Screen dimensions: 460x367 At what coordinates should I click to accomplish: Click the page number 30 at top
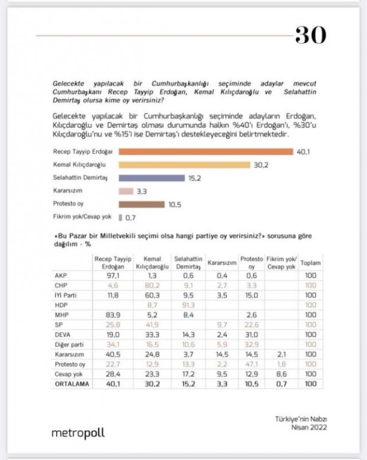point(310,35)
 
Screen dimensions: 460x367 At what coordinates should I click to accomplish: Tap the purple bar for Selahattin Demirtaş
point(152,178)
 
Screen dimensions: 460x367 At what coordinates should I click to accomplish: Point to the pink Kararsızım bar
point(126,191)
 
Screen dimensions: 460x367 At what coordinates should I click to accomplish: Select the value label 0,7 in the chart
point(130,218)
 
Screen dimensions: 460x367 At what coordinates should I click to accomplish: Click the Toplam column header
point(310,263)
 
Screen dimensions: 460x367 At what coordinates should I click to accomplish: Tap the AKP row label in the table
point(61,275)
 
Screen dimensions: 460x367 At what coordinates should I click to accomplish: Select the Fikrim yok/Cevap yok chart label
point(82,218)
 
